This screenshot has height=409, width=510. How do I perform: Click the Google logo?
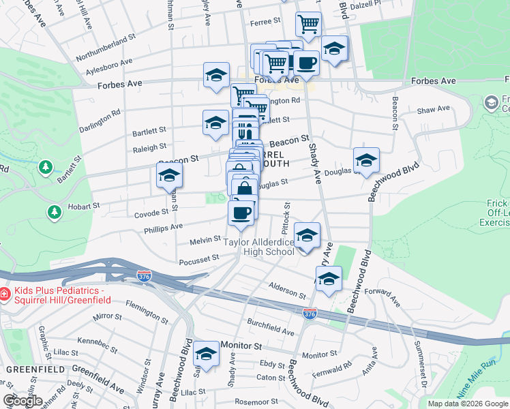click(22, 401)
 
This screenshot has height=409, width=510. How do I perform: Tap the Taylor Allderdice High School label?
click(260, 247)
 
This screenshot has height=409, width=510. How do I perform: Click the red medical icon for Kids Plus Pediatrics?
click(5, 294)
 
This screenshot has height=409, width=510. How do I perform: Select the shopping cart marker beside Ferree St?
click(308, 24)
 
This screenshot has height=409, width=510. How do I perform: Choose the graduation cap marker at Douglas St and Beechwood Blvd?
click(366, 160)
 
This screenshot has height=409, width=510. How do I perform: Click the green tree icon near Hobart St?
click(54, 213)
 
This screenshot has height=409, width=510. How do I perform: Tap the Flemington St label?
click(146, 315)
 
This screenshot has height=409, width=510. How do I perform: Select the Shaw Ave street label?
click(434, 109)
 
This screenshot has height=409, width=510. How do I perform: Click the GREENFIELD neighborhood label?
click(26, 369)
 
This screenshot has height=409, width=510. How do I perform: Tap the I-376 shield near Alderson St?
click(310, 312)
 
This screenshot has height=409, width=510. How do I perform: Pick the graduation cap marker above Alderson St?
click(329, 279)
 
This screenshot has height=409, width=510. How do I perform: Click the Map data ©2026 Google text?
click(468, 404)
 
